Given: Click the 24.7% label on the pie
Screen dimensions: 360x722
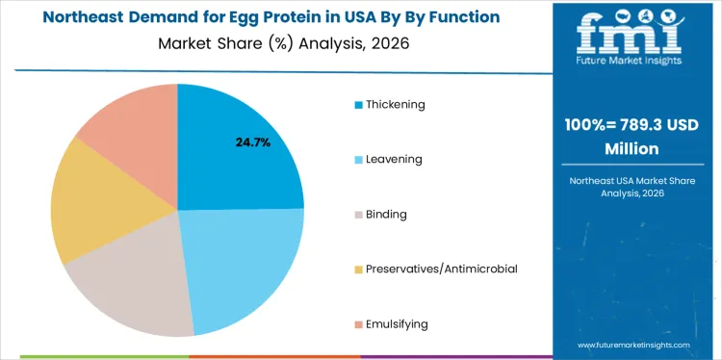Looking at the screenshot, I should [x=253, y=142].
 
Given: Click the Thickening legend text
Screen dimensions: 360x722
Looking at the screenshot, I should [x=395, y=104].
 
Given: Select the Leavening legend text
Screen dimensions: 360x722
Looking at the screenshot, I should [x=394, y=159].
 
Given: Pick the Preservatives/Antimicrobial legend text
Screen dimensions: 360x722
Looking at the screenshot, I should [x=442, y=269].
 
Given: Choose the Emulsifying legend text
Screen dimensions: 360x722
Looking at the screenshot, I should [x=397, y=323].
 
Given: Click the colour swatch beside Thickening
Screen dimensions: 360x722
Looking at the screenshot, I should [x=359, y=104].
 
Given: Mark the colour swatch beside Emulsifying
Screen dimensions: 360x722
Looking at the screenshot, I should [x=359, y=323].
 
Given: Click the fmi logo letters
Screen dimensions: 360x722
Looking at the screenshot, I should [x=632, y=35].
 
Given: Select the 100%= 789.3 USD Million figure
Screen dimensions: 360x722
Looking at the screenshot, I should [x=632, y=137].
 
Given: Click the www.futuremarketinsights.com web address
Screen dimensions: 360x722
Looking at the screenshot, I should [x=634, y=345].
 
